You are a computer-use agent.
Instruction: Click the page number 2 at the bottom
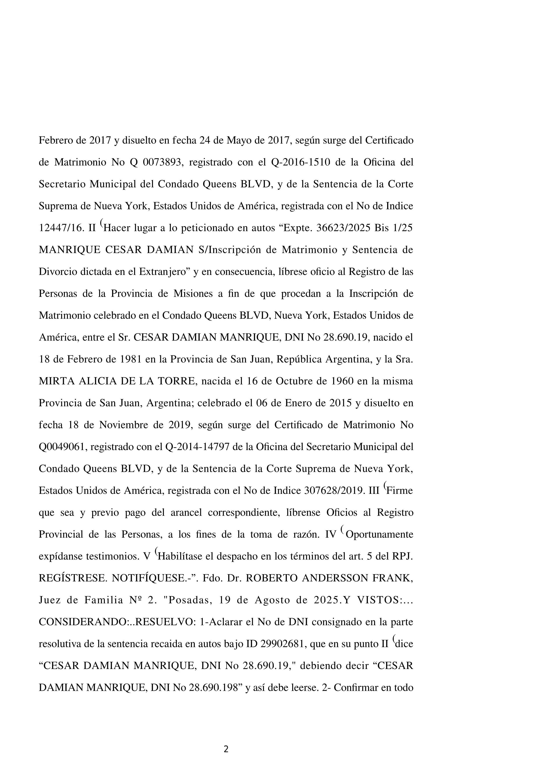point(226,749)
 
